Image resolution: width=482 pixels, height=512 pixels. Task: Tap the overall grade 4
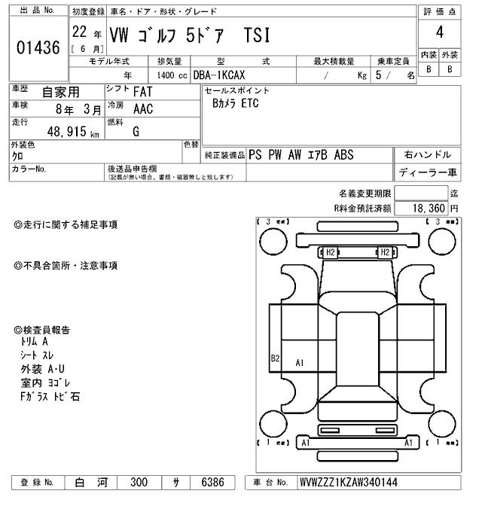(x=438, y=33)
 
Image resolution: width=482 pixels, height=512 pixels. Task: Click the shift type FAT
(x=142, y=92)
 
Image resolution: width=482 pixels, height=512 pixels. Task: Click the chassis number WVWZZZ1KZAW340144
(x=349, y=483)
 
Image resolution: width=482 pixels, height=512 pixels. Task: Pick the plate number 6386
(x=212, y=483)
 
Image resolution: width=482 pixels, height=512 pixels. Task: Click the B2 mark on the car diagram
(x=276, y=358)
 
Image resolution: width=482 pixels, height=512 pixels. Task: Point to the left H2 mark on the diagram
(x=329, y=252)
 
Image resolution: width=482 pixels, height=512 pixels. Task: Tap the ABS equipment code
(x=341, y=155)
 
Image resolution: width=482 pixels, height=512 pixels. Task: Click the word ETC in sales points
(x=249, y=104)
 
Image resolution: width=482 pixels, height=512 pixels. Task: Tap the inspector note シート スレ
(x=38, y=355)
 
